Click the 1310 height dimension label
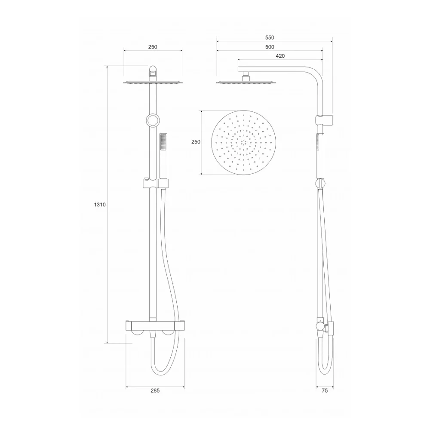point(100,205)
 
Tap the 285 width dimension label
point(155,390)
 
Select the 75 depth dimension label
point(325,390)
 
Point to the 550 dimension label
point(270,37)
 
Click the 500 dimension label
point(270,47)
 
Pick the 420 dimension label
point(280,56)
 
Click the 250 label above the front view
point(153,47)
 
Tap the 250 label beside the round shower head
point(196,142)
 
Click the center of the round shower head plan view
point(243,143)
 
